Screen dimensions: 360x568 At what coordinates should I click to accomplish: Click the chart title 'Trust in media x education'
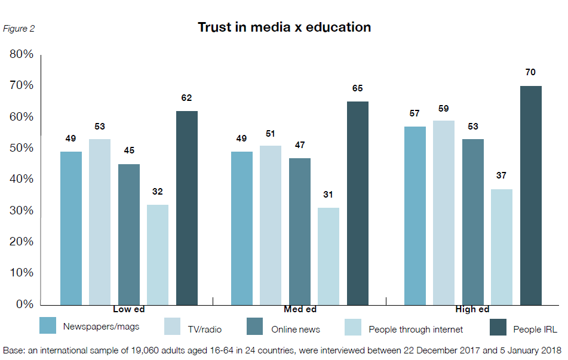(284, 27)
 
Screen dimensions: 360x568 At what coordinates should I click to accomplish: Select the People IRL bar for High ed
(531, 195)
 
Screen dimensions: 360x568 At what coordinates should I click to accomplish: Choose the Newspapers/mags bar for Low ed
(71, 227)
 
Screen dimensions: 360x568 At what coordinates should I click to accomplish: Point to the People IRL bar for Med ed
(358, 202)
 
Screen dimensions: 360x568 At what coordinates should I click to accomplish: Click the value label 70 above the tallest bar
(530, 72)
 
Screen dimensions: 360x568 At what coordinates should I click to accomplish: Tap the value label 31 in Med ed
(328, 195)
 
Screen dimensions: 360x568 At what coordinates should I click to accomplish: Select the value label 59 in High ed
(444, 109)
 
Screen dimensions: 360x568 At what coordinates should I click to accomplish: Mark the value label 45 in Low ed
(129, 150)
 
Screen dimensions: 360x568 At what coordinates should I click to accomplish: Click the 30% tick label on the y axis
(21, 211)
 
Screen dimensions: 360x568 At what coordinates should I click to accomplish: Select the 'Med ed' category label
(300, 309)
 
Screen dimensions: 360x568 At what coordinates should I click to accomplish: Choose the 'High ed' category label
(472, 309)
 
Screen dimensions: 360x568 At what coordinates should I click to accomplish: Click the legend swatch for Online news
(255, 326)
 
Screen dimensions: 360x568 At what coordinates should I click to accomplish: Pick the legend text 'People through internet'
(416, 329)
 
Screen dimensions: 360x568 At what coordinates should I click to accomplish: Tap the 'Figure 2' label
(19, 29)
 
